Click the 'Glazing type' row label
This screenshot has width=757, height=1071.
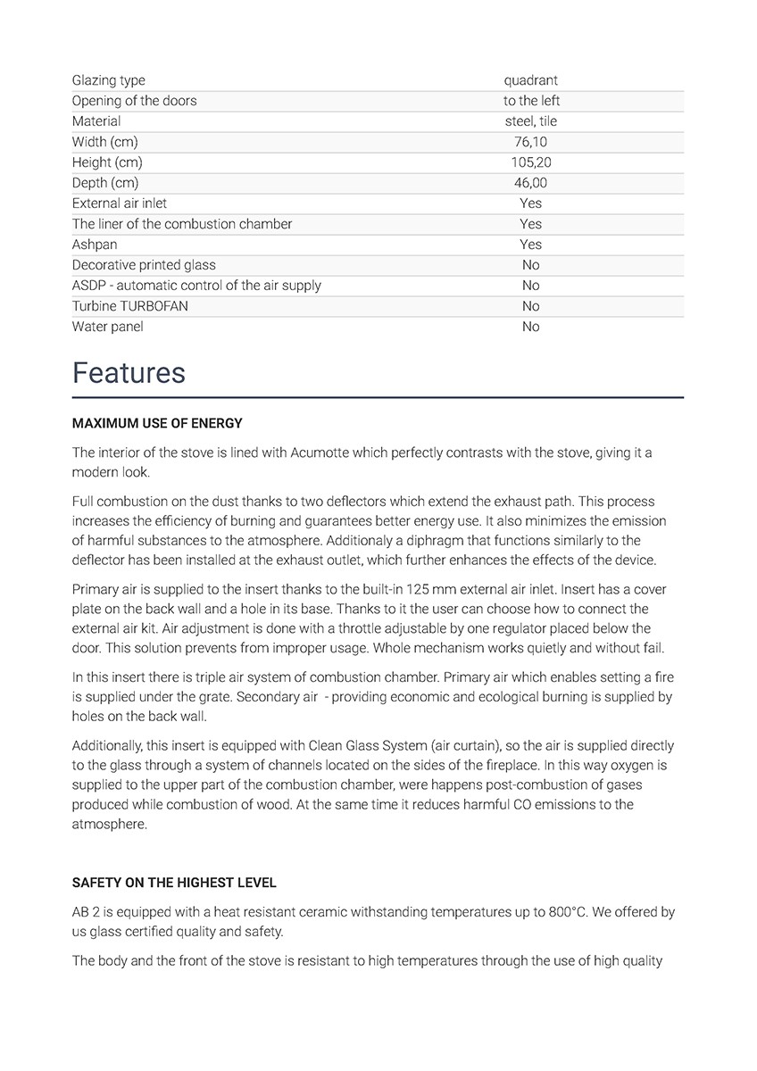(x=108, y=80)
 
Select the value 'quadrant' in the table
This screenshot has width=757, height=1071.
(x=530, y=80)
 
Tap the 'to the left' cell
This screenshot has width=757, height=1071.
(x=531, y=101)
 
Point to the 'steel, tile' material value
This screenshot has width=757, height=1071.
(x=530, y=121)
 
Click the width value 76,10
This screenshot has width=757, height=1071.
(x=530, y=142)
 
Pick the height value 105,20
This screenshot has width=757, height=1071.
(x=530, y=162)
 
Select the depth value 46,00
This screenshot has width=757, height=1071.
(x=530, y=183)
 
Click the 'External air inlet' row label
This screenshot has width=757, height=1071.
(x=119, y=203)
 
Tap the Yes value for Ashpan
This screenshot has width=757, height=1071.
(x=530, y=245)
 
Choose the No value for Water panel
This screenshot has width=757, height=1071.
(x=530, y=327)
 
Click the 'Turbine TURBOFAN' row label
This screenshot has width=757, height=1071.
(x=129, y=306)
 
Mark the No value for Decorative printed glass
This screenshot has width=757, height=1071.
(x=530, y=265)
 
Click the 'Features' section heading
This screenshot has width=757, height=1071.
(x=129, y=373)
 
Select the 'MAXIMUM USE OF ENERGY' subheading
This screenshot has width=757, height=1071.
(x=157, y=423)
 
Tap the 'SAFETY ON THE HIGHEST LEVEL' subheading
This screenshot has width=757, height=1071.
(x=174, y=883)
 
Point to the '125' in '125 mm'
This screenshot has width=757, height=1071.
(x=418, y=590)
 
